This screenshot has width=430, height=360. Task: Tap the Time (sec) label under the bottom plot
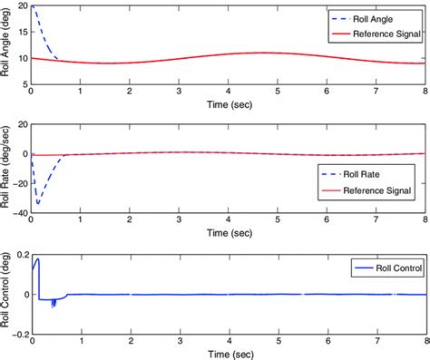[227, 354]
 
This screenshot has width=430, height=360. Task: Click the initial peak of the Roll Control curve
[37, 260]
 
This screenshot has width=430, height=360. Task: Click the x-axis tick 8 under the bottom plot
[424, 344]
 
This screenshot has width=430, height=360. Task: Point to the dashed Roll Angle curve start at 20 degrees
[32, 7]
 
